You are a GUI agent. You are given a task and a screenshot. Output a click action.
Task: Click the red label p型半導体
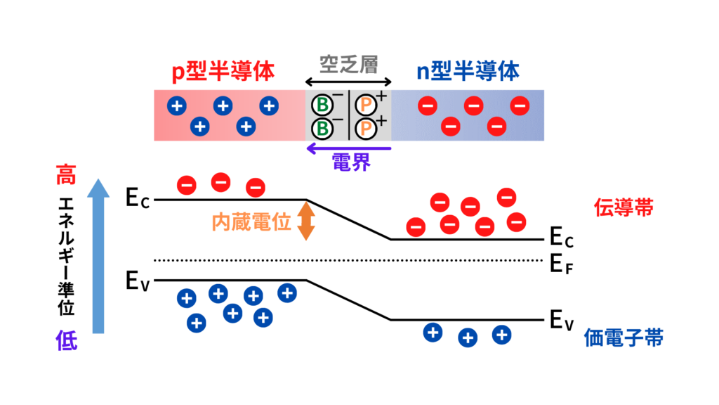[223, 70]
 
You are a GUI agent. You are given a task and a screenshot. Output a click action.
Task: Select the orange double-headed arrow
[305, 221]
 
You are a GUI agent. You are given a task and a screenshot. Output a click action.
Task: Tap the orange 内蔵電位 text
[251, 222]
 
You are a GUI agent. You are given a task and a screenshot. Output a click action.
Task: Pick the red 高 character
[67, 173]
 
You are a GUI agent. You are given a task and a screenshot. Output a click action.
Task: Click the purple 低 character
[67, 341]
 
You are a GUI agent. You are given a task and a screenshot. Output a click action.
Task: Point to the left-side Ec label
[138, 199]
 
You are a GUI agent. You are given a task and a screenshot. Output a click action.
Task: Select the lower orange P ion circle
[365, 129]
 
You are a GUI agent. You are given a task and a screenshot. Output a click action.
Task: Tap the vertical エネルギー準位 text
[67, 257]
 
